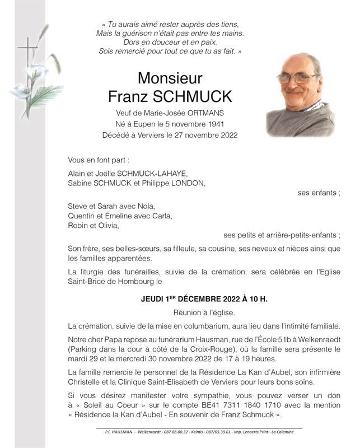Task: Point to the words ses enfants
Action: [319, 193]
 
